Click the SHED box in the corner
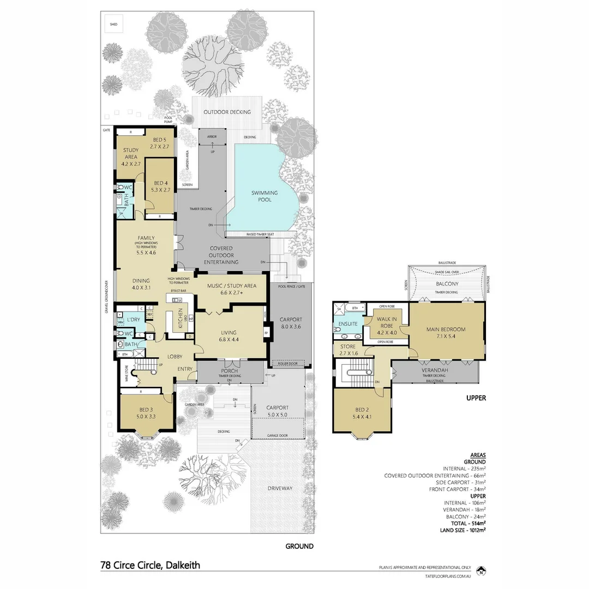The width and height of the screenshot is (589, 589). pos(113,24)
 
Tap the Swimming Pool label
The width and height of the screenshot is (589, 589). pos(265,196)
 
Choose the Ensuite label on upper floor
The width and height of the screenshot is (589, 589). pos(348,323)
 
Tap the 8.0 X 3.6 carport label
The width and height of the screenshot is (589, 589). pos(291,323)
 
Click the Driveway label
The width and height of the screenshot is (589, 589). pos(280,488)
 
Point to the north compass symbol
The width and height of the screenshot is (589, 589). pos(481,572)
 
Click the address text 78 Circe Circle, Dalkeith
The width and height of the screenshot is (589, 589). pos(151,565)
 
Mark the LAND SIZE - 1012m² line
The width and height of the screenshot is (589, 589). pos(462,529)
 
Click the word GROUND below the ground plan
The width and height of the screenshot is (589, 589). pos(299,546)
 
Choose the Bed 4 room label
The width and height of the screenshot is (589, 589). pos(159,186)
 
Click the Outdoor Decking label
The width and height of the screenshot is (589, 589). pos(227,112)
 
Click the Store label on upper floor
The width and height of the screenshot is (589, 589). pos(348,349)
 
